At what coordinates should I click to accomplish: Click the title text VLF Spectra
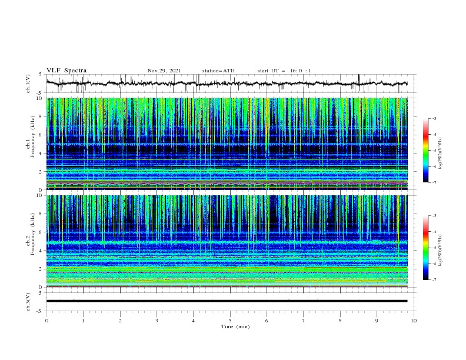(x=66, y=71)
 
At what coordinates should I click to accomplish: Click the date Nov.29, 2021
(x=164, y=71)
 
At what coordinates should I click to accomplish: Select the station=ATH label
(x=218, y=71)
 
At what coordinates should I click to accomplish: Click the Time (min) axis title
(x=230, y=326)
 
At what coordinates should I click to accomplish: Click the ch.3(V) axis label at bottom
(x=28, y=301)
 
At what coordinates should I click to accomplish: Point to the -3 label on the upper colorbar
(x=434, y=119)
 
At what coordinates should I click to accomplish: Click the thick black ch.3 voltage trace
(x=230, y=301)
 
